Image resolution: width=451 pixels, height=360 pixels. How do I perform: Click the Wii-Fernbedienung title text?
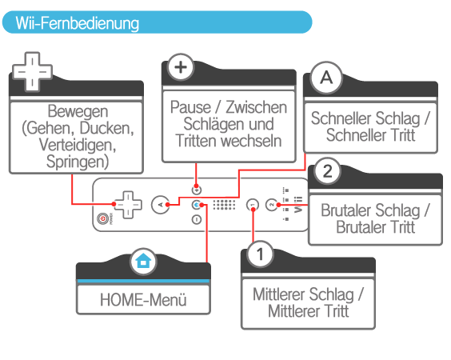tap(77, 23)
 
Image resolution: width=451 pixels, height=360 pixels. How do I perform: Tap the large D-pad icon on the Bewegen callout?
tap(32, 72)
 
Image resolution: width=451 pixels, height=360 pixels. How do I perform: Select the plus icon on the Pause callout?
tap(181, 67)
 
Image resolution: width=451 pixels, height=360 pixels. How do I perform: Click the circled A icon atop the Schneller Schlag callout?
tap(326, 78)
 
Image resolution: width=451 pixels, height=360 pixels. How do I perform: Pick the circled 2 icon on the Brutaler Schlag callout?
tap(328, 171)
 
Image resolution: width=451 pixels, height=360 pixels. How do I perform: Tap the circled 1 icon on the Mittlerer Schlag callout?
tap(260, 254)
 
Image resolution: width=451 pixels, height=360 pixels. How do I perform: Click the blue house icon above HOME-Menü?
tap(143, 262)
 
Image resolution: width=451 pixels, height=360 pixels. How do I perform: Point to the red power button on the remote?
tap(102, 218)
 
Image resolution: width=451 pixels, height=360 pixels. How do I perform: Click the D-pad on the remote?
tap(128, 205)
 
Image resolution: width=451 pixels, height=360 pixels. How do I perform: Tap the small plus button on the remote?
tap(197, 190)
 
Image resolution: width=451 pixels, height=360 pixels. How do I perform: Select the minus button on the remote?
tap(197, 219)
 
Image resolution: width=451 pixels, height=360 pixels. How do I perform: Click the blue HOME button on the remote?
tap(197, 205)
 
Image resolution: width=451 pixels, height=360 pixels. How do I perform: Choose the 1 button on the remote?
tap(253, 205)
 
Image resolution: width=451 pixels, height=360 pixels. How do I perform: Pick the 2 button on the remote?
tap(271, 205)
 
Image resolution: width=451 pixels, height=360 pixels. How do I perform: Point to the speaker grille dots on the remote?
tap(224, 204)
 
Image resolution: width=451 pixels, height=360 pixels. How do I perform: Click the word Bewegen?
tap(78, 111)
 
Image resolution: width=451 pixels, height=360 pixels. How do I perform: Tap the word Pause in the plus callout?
tap(190, 107)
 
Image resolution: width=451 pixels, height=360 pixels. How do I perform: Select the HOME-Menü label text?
tap(143, 299)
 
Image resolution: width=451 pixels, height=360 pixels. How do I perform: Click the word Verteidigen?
tap(77, 145)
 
